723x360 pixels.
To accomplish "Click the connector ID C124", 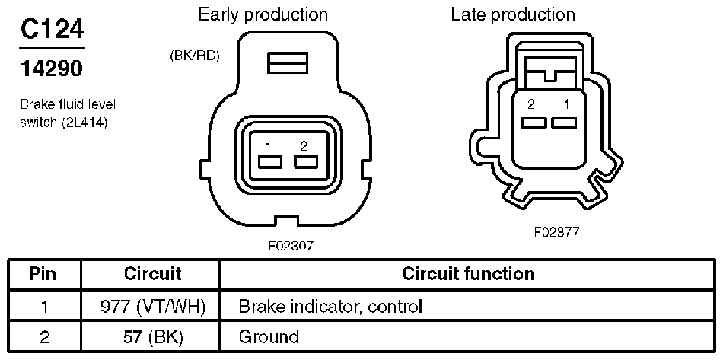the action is tap(52, 29).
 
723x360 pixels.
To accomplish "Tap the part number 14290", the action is tap(52, 69).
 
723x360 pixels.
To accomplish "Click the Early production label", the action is tap(263, 14).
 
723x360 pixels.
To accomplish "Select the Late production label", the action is tap(513, 14).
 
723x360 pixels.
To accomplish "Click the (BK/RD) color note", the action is tap(194, 56).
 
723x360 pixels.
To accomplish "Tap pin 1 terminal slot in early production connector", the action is tap(270, 162).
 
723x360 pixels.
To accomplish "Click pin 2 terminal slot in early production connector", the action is tap(306, 162).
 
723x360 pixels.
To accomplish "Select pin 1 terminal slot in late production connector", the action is tap(564, 123).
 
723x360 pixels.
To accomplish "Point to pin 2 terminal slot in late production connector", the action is tap(534, 123).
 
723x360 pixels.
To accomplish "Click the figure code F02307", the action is tap(291, 246).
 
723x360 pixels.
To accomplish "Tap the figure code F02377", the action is tap(556, 232).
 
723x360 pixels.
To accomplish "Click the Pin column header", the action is tap(43, 274).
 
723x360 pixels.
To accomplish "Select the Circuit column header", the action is tap(152, 274).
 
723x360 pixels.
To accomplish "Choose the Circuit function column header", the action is tap(468, 274).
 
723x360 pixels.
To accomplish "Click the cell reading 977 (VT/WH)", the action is tap(152, 307).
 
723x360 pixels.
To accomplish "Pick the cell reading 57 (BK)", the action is tap(152, 337).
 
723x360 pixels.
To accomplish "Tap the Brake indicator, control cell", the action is tap(330, 307).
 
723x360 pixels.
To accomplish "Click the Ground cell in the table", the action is tap(269, 337).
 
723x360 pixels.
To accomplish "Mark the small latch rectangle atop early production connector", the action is tap(287, 62).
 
